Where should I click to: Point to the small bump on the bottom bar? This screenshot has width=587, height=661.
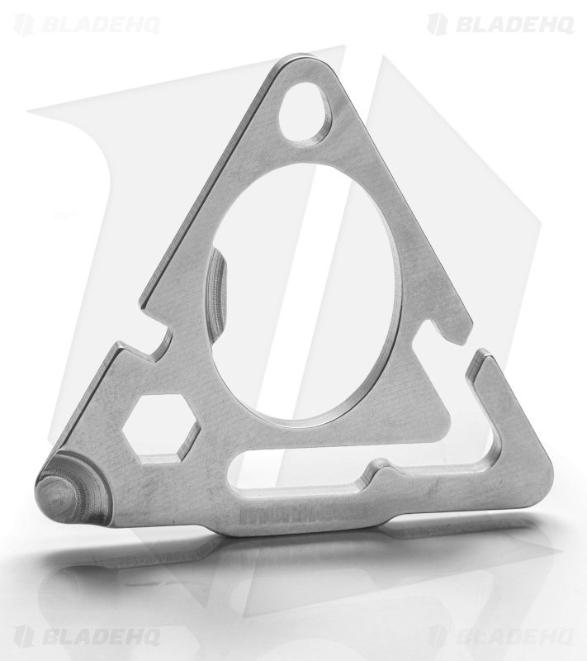pos(381,471)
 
